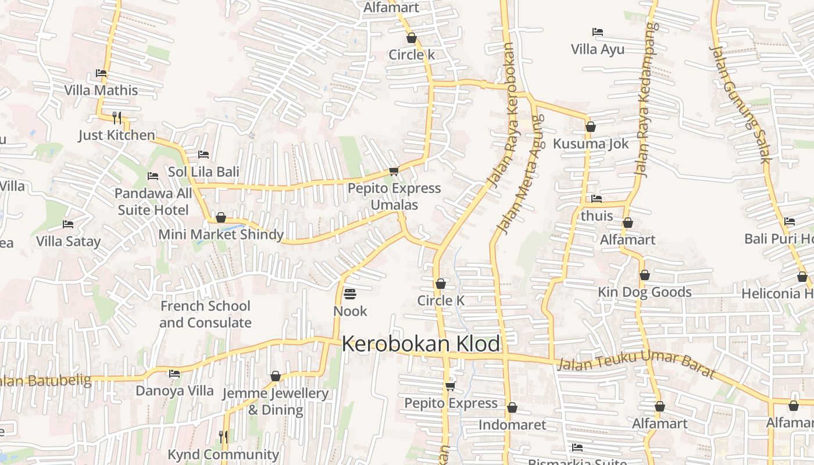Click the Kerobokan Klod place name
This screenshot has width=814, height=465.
420,344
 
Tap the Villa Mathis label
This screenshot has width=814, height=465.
101,90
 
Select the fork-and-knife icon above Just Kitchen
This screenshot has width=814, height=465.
117,118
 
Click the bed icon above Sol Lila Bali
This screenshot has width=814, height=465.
203,155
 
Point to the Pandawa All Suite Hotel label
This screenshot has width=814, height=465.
153,202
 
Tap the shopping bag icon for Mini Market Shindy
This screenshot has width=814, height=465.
220,218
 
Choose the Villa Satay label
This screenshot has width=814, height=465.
68,241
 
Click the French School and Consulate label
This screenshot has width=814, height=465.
205,314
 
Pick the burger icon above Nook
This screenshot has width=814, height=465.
349,294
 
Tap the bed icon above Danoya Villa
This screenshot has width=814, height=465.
174,374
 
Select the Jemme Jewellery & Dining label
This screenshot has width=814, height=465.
276,402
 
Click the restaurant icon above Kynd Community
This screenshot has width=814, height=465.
223,437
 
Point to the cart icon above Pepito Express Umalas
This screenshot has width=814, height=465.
394,171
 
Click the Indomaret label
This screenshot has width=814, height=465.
512,425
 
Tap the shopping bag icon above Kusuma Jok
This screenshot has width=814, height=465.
591,127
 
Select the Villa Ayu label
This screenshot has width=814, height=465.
598,49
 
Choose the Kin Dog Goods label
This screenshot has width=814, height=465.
645,292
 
